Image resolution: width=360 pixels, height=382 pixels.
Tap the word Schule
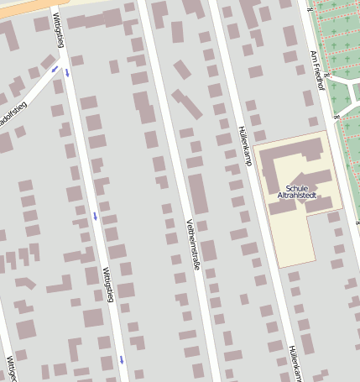pyautogui.click(x=297, y=188)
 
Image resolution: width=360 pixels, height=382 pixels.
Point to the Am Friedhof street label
pyautogui.click(x=316, y=69)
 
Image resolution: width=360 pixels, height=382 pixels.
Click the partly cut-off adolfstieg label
pyautogui.click(x=13, y=113)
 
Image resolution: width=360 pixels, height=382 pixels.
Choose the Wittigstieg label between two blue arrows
pyautogui.click(x=107, y=284)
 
